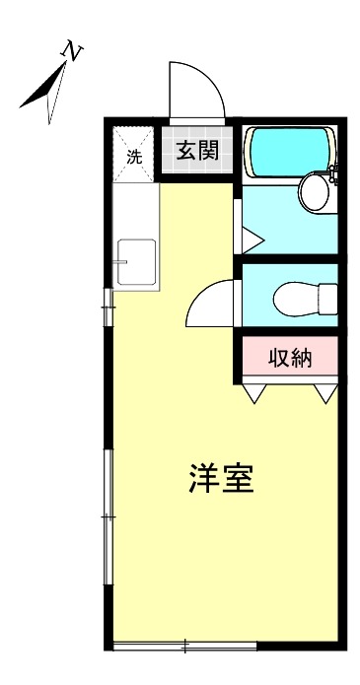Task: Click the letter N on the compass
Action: (x=71, y=49)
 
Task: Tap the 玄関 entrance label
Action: (x=197, y=151)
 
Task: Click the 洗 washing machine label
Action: (x=134, y=156)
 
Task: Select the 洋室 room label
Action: (x=221, y=479)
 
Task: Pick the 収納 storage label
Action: (x=290, y=358)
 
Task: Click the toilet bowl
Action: (x=302, y=297)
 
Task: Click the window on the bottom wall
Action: (x=184, y=647)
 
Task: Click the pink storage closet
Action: (x=290, y=358)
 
